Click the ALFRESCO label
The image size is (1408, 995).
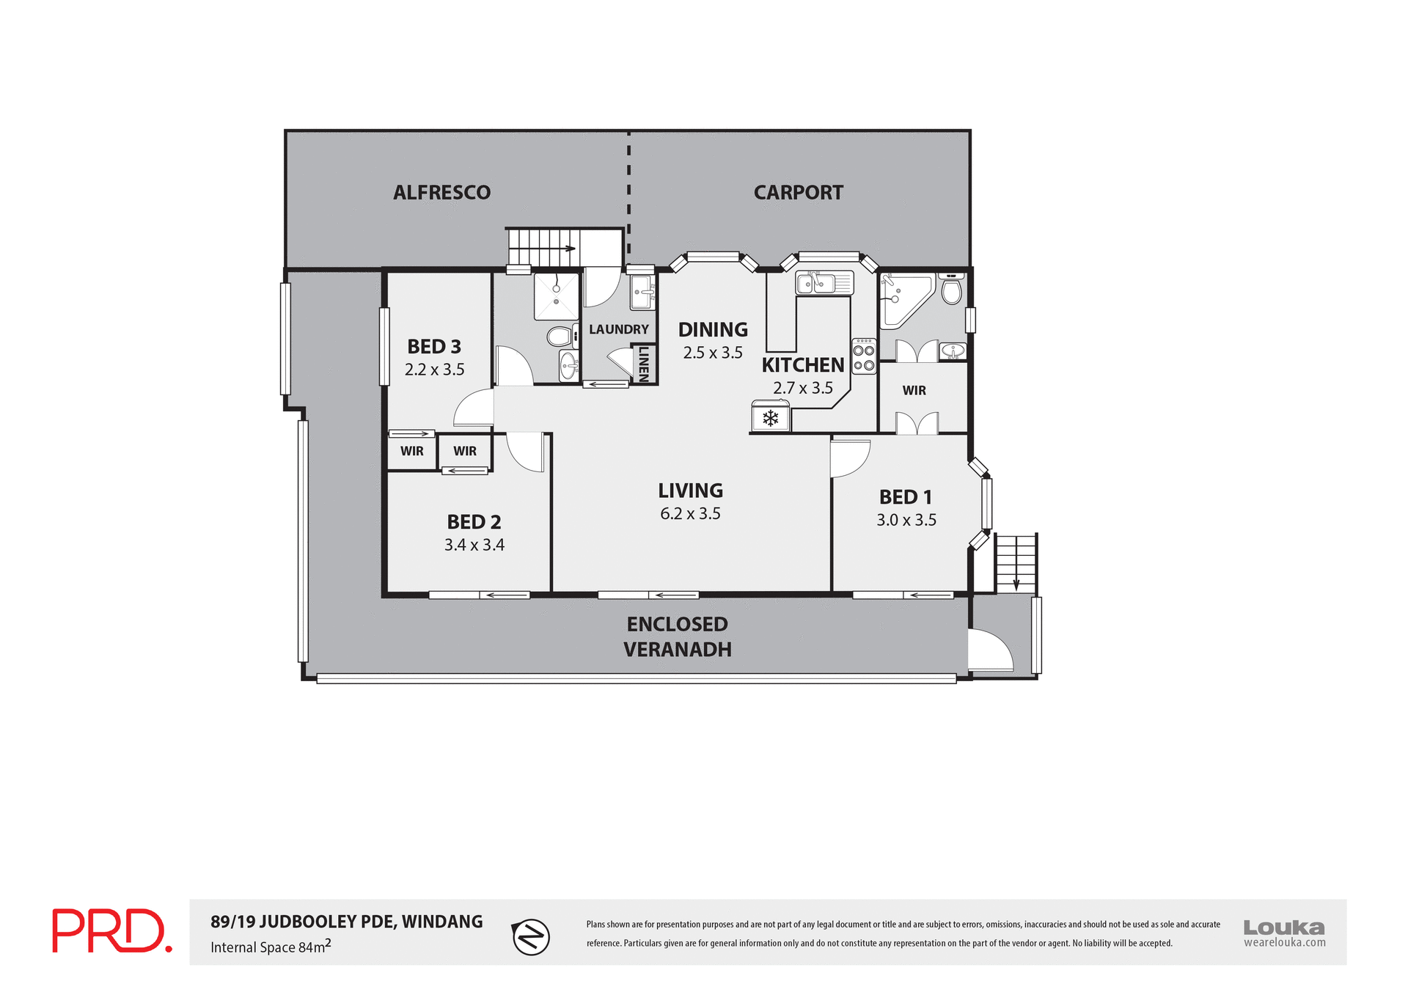point(441,192)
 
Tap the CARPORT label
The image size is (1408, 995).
point(798,192)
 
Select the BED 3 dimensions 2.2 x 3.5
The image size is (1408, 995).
point(434,370)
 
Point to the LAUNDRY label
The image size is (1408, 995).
point(618,329)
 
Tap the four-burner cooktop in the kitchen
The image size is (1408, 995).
point(863,356)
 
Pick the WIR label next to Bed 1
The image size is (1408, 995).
point(914,390)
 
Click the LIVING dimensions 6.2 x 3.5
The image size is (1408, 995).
point(690,513)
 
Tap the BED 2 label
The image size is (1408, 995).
point(474,522)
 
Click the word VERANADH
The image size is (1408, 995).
point(677,650)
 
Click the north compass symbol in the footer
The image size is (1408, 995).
point(531,936)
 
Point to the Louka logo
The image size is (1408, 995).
point(1284,933)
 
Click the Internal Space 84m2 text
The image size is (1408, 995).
point(271,946)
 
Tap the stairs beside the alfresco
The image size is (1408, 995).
point(543,247)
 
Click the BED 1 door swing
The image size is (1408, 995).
point(849,458)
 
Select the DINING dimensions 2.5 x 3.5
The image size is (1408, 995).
point(713,353)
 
